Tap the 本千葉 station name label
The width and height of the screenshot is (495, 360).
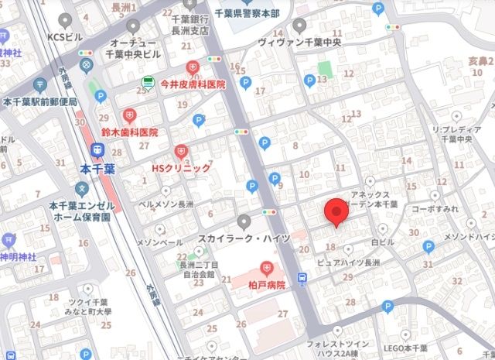point(98,168)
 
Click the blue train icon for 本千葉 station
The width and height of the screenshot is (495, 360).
point(98,149)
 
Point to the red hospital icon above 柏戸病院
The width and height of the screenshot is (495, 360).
point(268,269)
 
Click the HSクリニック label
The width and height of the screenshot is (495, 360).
point(180,167)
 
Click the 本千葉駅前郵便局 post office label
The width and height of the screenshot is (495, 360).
point(40,101)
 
